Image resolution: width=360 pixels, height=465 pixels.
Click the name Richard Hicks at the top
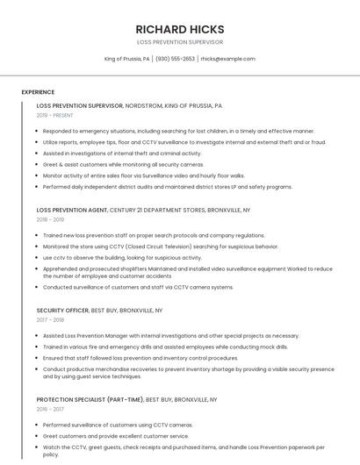click(x=180, y=29)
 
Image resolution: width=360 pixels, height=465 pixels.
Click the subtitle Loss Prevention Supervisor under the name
click(x=180, y=42)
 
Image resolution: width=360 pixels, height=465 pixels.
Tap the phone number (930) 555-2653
click(x=176, y=59)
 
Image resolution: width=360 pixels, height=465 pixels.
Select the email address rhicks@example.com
click(x=227, y=59)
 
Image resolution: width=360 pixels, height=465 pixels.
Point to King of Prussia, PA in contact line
click(x=127, y=59)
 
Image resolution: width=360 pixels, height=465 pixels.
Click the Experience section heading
click(x=38, y=91)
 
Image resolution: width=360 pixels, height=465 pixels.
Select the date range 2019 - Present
click(x=54, y=115)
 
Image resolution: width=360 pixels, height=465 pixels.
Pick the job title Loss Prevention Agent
click(x=72, y=211)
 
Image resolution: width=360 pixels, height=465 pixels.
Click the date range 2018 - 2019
click(x=50, y=219)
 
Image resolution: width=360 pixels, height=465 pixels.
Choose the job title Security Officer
click(x=62, y=311)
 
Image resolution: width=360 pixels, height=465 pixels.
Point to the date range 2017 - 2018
click(x=50, y=319)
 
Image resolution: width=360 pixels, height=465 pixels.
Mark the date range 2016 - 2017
click(x=50, y=409)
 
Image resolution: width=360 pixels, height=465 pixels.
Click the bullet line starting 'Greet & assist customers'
click(x=123, y=164)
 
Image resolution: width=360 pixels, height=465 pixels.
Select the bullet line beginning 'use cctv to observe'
click(x=122, y=258)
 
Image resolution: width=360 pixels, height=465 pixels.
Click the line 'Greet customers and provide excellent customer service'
click(x=116, y=436)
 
